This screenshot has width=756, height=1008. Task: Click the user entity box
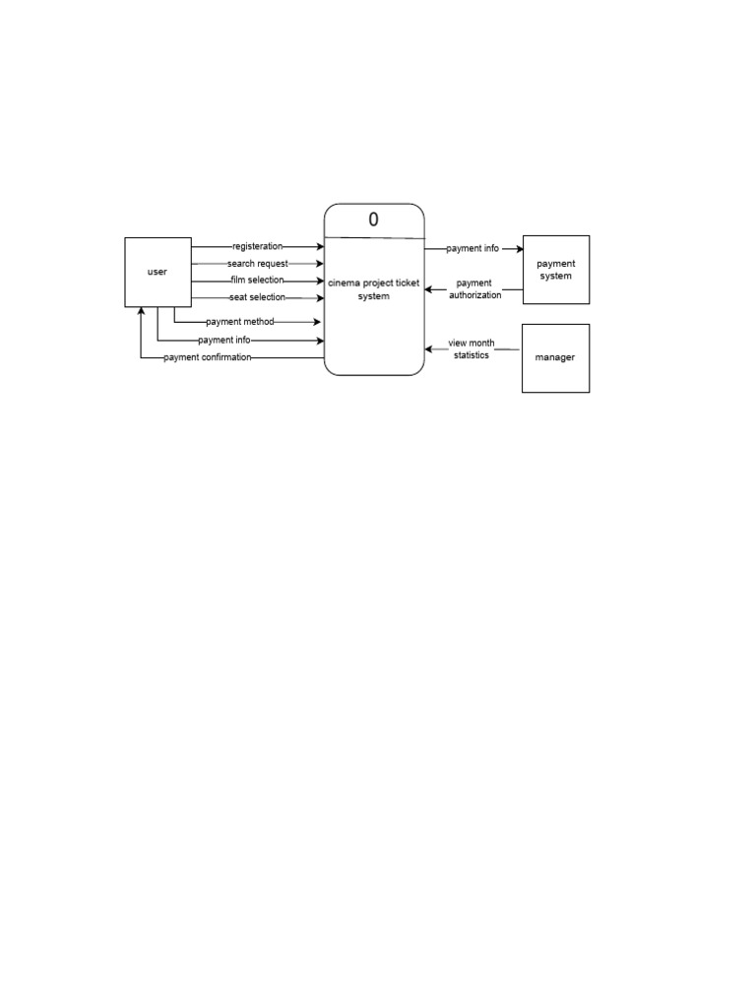157,272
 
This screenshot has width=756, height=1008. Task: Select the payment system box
555,270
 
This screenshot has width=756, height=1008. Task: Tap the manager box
555,358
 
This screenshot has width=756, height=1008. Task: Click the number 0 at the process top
373,220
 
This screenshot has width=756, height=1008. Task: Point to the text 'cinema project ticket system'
374,289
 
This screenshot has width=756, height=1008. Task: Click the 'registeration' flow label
258,246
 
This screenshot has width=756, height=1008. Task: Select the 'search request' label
257,264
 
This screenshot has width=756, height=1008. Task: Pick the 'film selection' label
258,281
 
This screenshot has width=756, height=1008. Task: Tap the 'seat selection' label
258,297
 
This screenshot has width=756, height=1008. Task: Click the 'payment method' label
240,322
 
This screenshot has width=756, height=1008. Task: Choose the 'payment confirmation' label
208,357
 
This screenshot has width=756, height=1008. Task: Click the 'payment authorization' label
474,289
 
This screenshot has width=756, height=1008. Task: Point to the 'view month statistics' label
472,348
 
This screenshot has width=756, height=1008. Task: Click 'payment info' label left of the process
223,341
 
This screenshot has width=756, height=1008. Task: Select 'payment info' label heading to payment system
472,249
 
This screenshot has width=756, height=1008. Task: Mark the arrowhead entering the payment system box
518,249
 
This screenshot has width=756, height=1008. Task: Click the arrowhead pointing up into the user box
141,312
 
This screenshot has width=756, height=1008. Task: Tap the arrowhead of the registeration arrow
319,246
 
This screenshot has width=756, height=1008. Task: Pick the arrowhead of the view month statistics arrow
429,348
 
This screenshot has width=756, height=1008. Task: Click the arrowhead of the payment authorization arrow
429,290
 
